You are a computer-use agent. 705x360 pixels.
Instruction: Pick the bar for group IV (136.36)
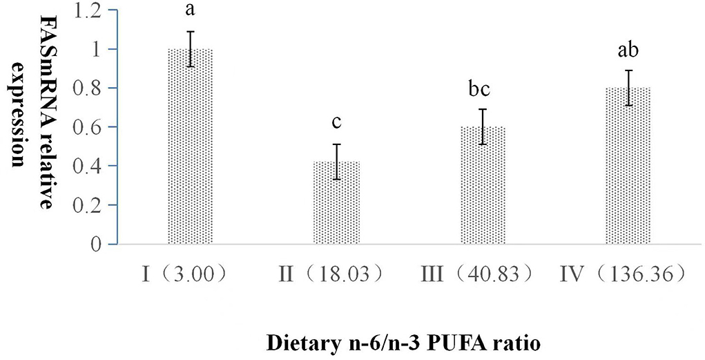click(x=628, y=166)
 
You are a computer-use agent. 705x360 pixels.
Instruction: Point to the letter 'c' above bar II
click(x=336, y=124)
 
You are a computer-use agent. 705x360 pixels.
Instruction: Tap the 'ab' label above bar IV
click(x=628, y=53)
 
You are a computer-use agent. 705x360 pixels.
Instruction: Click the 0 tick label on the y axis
click(x=104, y=244)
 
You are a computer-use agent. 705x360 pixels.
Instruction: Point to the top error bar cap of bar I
click(x=191, y=31)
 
